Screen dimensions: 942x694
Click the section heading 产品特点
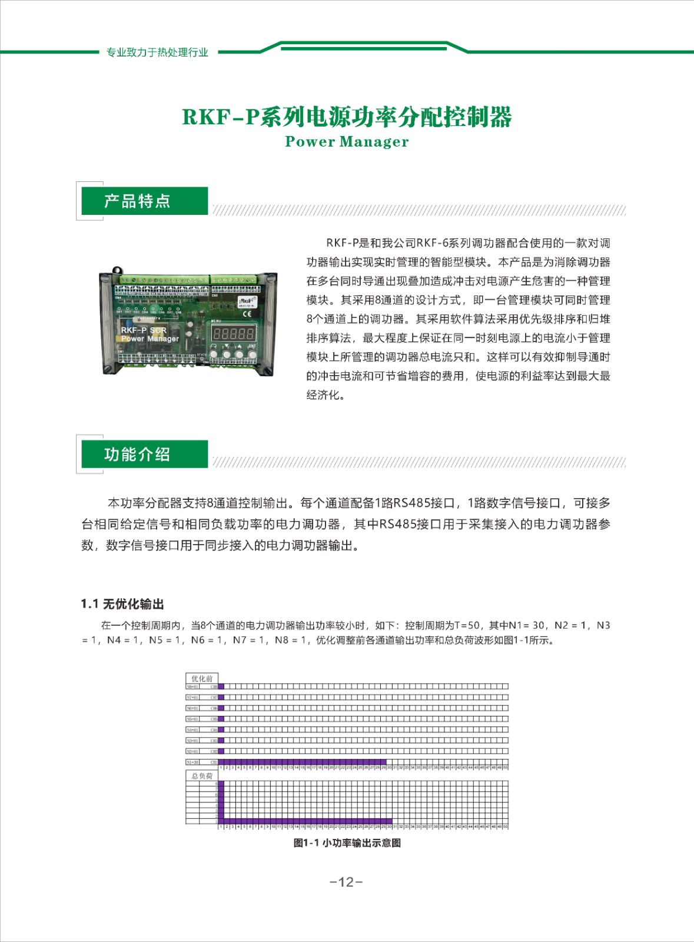tap(137, 201)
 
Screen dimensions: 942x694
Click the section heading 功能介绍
tap(137, 455)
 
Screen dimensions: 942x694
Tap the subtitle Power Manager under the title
tap(347, 142)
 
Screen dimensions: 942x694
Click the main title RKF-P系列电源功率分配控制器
tap(347, 117)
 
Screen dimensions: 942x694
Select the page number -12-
tap(346, 881)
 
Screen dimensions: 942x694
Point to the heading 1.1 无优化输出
tap(122, 604)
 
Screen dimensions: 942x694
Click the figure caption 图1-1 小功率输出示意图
tap(347, 843)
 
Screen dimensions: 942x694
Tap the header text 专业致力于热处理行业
tap(157, 52)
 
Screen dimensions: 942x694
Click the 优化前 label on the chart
tap(202, 678)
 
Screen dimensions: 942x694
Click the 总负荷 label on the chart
tap(202, 776)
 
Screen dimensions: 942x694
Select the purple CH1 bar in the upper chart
tap(303, 762)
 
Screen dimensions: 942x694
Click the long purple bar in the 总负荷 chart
tap(306, 821)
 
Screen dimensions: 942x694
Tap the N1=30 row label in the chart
tap(193, 762)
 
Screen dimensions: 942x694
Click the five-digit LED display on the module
tap(233, 334)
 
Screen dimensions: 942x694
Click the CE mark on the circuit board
tap(247, 314)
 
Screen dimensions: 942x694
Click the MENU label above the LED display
tap(217, 321)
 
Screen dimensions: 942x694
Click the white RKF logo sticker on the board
tap(246, 301)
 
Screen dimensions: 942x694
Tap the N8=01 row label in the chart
tap(193, 686)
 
